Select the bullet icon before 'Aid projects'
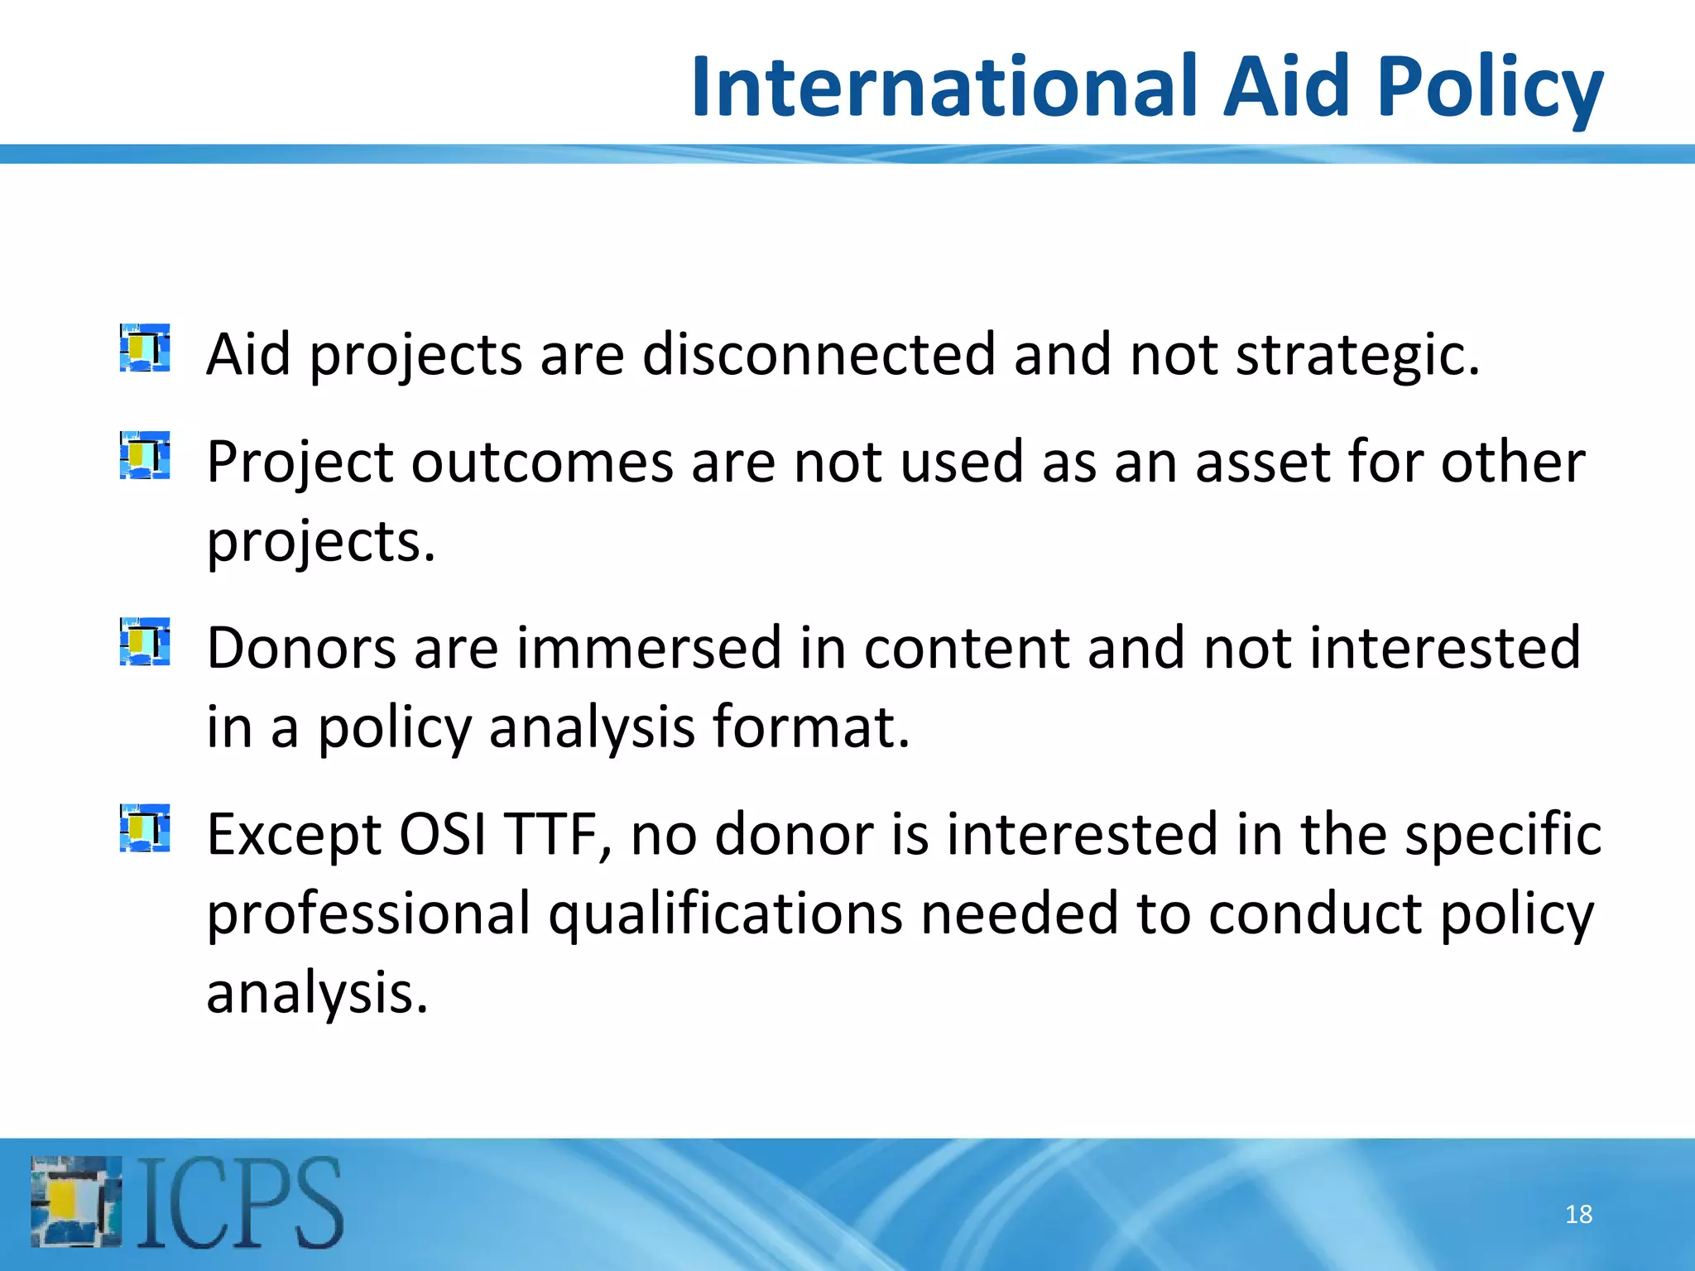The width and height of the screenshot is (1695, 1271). coord(145,348)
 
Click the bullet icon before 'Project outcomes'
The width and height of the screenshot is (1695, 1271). coord(145,455)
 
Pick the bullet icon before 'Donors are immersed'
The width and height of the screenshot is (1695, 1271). coord(145,641)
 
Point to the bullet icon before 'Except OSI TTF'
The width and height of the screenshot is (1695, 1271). coord(145,827)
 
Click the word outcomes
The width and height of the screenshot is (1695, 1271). coord(542,462)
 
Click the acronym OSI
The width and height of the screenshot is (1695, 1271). coord(442,834)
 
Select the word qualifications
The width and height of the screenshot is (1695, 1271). coord(725,914)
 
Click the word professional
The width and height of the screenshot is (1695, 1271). coord(368,914)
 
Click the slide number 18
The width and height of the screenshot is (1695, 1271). coord(1578,1214)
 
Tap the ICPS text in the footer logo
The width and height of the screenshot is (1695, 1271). coord(240,1202)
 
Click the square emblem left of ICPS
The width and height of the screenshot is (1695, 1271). coord(76,1202)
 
